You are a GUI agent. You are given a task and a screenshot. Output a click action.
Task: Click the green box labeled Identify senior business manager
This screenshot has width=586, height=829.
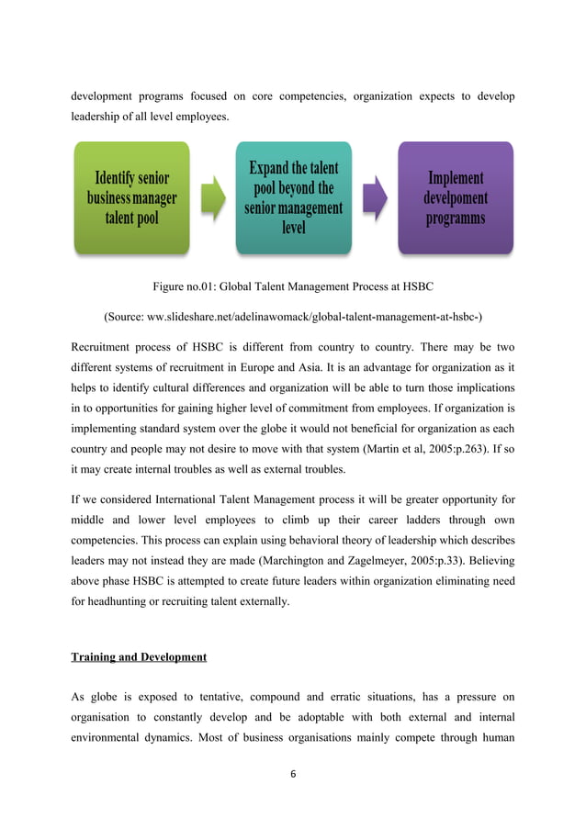[x=131, y=197]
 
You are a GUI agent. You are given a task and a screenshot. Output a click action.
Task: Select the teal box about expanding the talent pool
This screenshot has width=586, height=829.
[x=293, y=196]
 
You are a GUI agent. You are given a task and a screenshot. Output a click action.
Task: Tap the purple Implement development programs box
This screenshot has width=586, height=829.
[x=456, y=196]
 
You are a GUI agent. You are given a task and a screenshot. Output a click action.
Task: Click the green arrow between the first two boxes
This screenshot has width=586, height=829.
[x=212, y=198]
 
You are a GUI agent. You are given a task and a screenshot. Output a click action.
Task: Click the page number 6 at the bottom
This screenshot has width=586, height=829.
[x=293, y=773]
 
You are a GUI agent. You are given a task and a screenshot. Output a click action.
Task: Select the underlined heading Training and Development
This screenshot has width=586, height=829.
[x=138, y=656]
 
